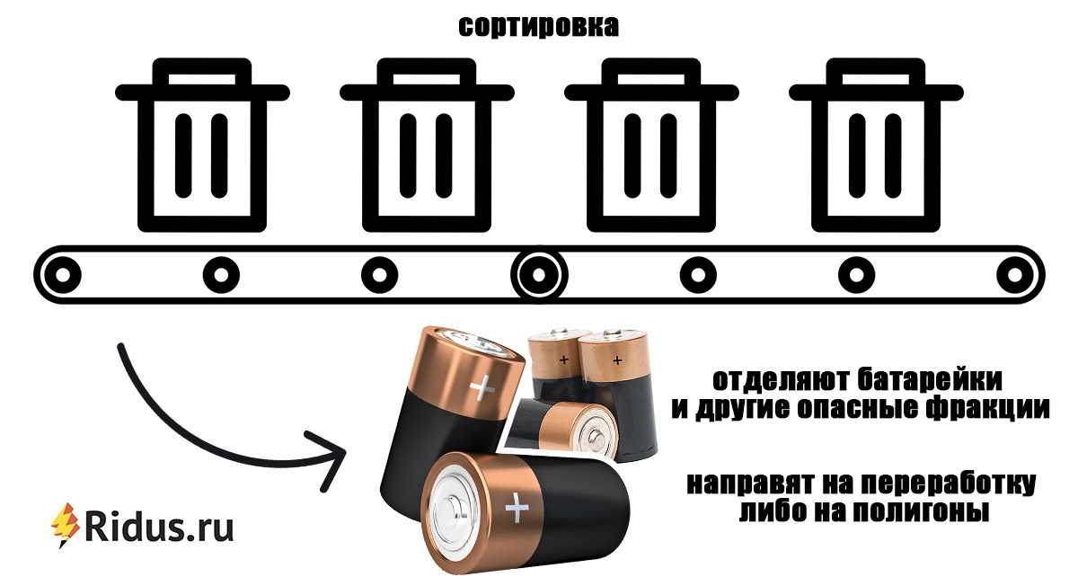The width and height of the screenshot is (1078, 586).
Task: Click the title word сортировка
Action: (538, 27)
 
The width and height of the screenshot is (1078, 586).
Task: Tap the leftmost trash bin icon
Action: (202, 145)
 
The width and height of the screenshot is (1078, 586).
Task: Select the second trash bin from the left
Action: (427, 145)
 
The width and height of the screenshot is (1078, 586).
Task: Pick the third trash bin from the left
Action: (651, 145)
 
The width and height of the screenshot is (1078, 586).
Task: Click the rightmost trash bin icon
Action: (876, 145)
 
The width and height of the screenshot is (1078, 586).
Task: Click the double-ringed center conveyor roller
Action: (539, 275)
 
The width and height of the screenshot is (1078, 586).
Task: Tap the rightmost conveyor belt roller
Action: (1015, 275)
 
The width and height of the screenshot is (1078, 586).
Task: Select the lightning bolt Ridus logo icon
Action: (66, 525)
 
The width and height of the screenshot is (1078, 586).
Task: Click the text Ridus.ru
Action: (159, 528)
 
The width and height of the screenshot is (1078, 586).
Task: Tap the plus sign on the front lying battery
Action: (517, 508)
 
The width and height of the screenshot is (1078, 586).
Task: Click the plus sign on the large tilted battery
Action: (482, 387)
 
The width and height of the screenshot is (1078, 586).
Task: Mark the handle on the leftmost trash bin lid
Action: (202, 72)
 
